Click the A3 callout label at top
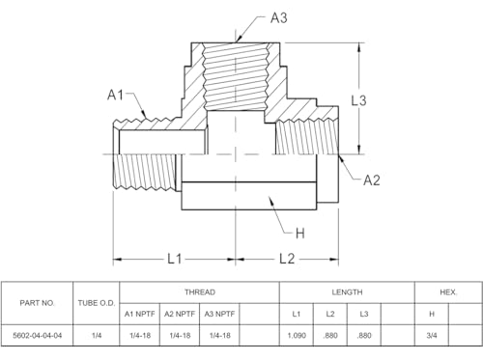tap(278, 18)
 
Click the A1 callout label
tap(115, 95)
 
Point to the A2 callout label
tap(372, 180)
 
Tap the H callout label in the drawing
tap(300, 234)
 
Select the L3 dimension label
tap(358, 100)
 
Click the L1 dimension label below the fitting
tap(175, 259)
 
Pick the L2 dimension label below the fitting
tap(287, 259)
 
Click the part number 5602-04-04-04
tap(37, 336)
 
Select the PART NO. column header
tap(37, 303)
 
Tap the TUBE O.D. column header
tap(97, 303)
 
